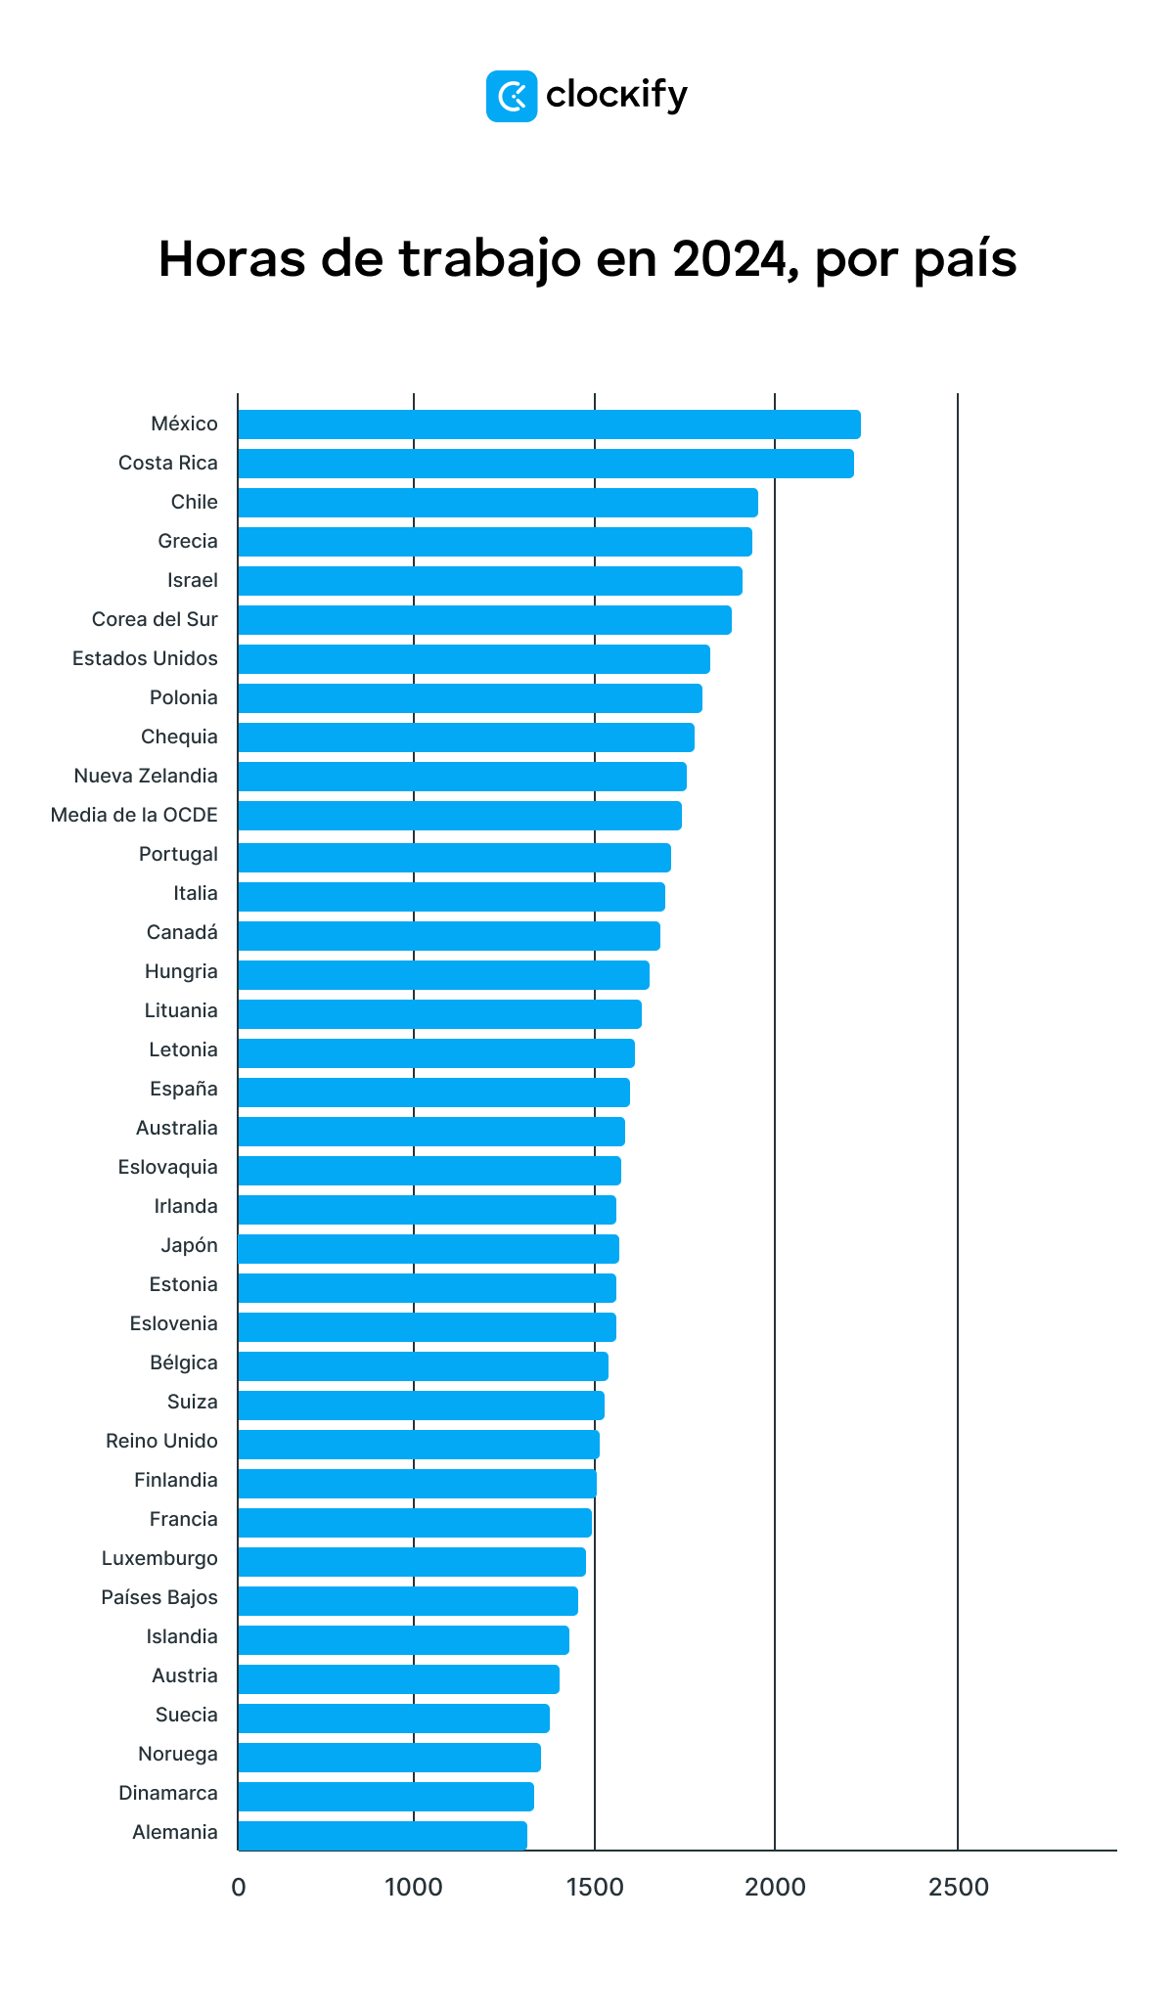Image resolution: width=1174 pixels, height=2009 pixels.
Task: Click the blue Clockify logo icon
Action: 511,96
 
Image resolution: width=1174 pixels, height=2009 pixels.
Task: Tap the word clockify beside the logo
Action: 616,96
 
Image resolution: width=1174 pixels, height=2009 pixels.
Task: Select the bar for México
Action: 548,424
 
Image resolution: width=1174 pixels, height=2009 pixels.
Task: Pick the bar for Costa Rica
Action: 545,464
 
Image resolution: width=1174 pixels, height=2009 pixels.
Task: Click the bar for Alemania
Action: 382,1835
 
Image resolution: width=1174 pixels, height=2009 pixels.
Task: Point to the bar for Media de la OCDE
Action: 459,816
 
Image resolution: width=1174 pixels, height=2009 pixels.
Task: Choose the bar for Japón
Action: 428,1249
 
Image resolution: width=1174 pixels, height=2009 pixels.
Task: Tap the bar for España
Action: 433,1093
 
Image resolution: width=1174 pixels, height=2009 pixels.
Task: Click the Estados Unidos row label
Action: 145,658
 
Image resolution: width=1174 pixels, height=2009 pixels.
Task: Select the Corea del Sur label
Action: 155,619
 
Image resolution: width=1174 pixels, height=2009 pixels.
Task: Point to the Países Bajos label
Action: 159,1597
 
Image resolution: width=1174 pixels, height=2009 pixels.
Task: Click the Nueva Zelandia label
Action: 146,776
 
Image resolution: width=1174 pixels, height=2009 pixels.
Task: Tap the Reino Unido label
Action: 161,1441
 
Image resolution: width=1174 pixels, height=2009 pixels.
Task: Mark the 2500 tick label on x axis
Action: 958,1888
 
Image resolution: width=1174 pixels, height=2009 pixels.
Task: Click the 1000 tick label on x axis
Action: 413,1888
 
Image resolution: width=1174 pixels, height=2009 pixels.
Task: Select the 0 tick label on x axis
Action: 238,1888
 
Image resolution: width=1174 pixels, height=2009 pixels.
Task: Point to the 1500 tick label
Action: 594,1888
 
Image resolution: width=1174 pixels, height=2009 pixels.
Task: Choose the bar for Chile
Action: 497,503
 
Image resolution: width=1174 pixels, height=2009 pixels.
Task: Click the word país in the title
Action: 965,260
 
